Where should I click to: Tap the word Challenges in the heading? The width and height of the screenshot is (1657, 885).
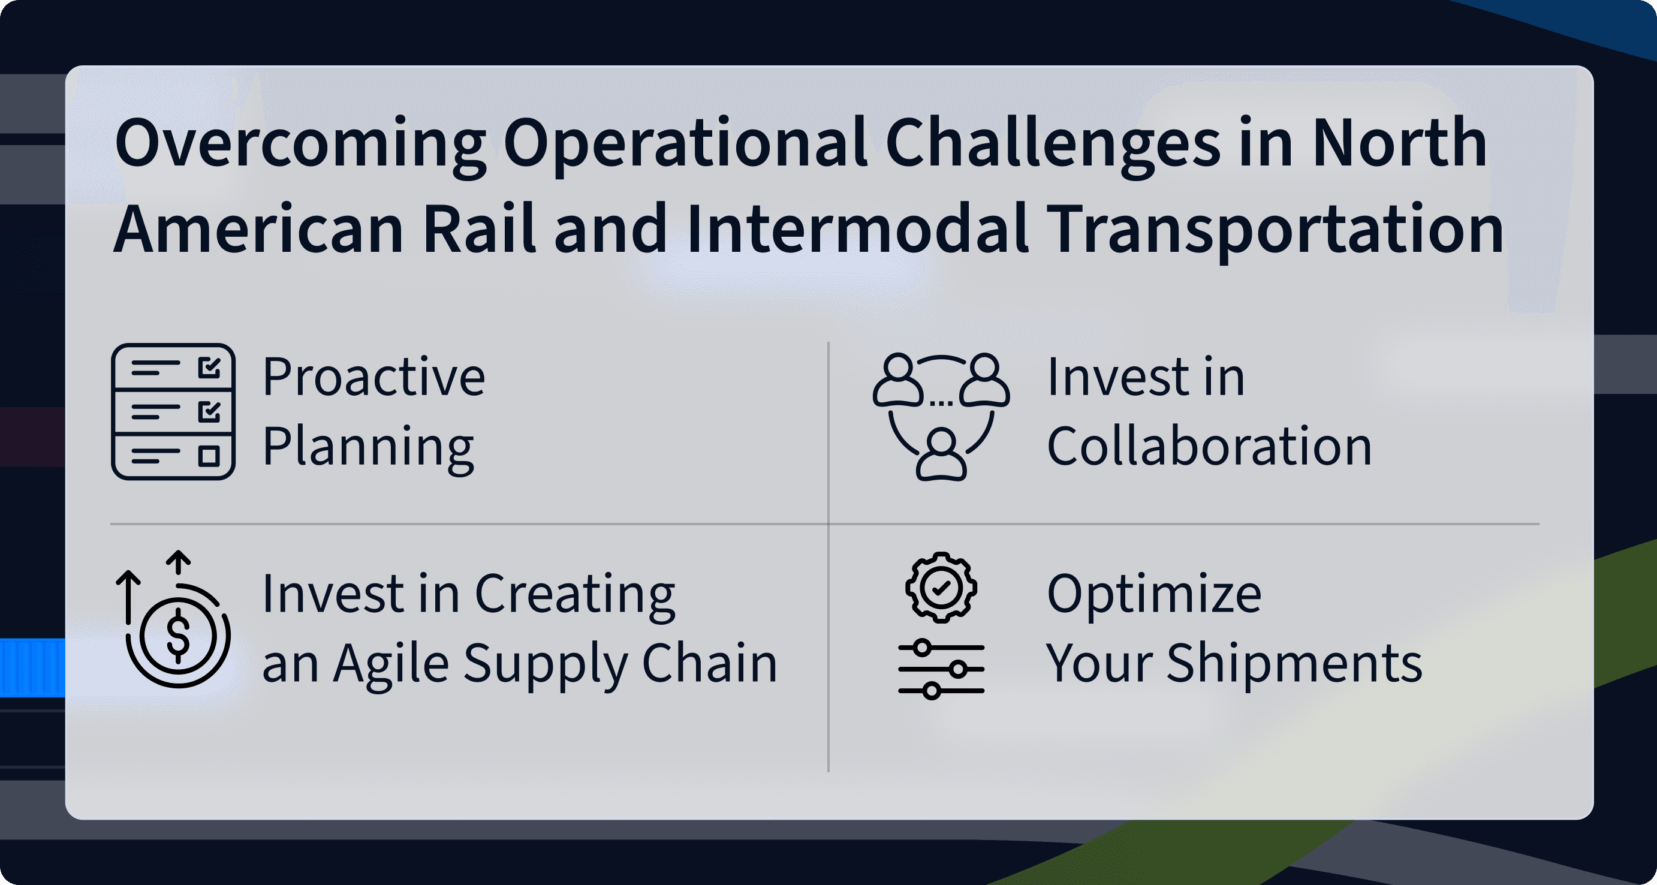click(1052, 144)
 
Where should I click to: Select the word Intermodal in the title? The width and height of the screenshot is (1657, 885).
click(857, 228)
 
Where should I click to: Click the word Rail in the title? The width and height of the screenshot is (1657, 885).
click(479, 228)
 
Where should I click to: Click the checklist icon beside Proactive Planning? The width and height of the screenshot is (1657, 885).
click(173, 412)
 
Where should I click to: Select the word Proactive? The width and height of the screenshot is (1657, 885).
click(373, 377)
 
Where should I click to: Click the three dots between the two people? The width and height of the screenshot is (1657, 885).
click(942, 404)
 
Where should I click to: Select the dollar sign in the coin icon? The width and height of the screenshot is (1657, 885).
click(178, 636)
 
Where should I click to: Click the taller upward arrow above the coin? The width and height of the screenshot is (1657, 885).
click(128, 597)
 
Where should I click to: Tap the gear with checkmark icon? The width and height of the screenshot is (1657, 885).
click(941, 587)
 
